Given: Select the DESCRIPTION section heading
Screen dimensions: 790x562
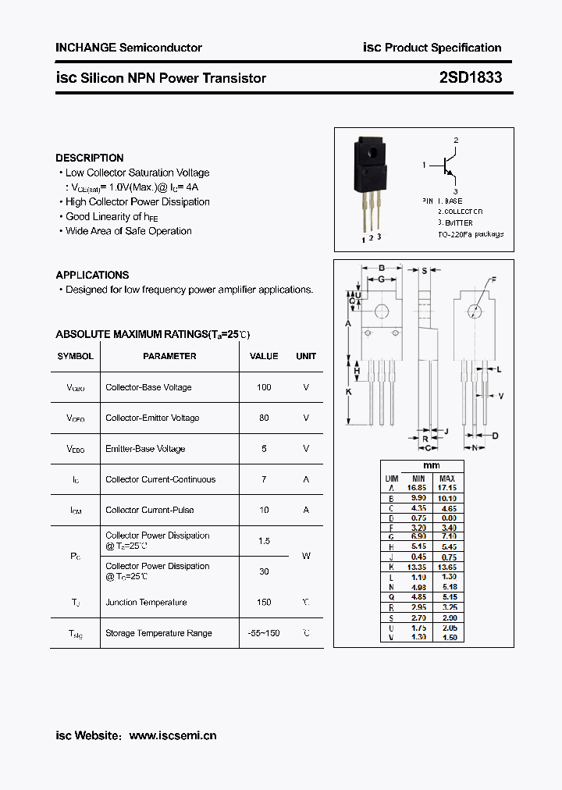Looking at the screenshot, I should (90, 158).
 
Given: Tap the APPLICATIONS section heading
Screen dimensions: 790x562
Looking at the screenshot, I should (92, 275).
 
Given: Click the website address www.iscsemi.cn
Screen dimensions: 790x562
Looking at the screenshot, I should (173, 735).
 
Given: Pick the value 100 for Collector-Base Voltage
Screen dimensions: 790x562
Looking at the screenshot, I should (264, 387).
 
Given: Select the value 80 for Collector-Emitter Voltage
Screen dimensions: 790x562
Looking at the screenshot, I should (264, 418).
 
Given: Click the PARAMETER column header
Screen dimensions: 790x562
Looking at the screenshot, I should (169, 356).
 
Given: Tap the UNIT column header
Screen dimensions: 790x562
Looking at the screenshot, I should (306, 356).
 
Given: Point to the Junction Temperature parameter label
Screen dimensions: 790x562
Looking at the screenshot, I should (146, 602).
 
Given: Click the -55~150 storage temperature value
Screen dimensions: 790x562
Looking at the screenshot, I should (264, 633).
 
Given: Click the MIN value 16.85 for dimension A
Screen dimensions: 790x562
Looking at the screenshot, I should (419, 487).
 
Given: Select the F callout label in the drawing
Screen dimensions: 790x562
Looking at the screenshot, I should (493, 279).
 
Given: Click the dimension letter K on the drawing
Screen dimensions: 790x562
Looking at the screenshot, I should (349, 391).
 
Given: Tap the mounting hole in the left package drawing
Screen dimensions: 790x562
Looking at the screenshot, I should (382, 311).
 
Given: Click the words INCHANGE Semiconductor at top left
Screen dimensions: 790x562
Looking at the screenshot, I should (129, 48).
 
